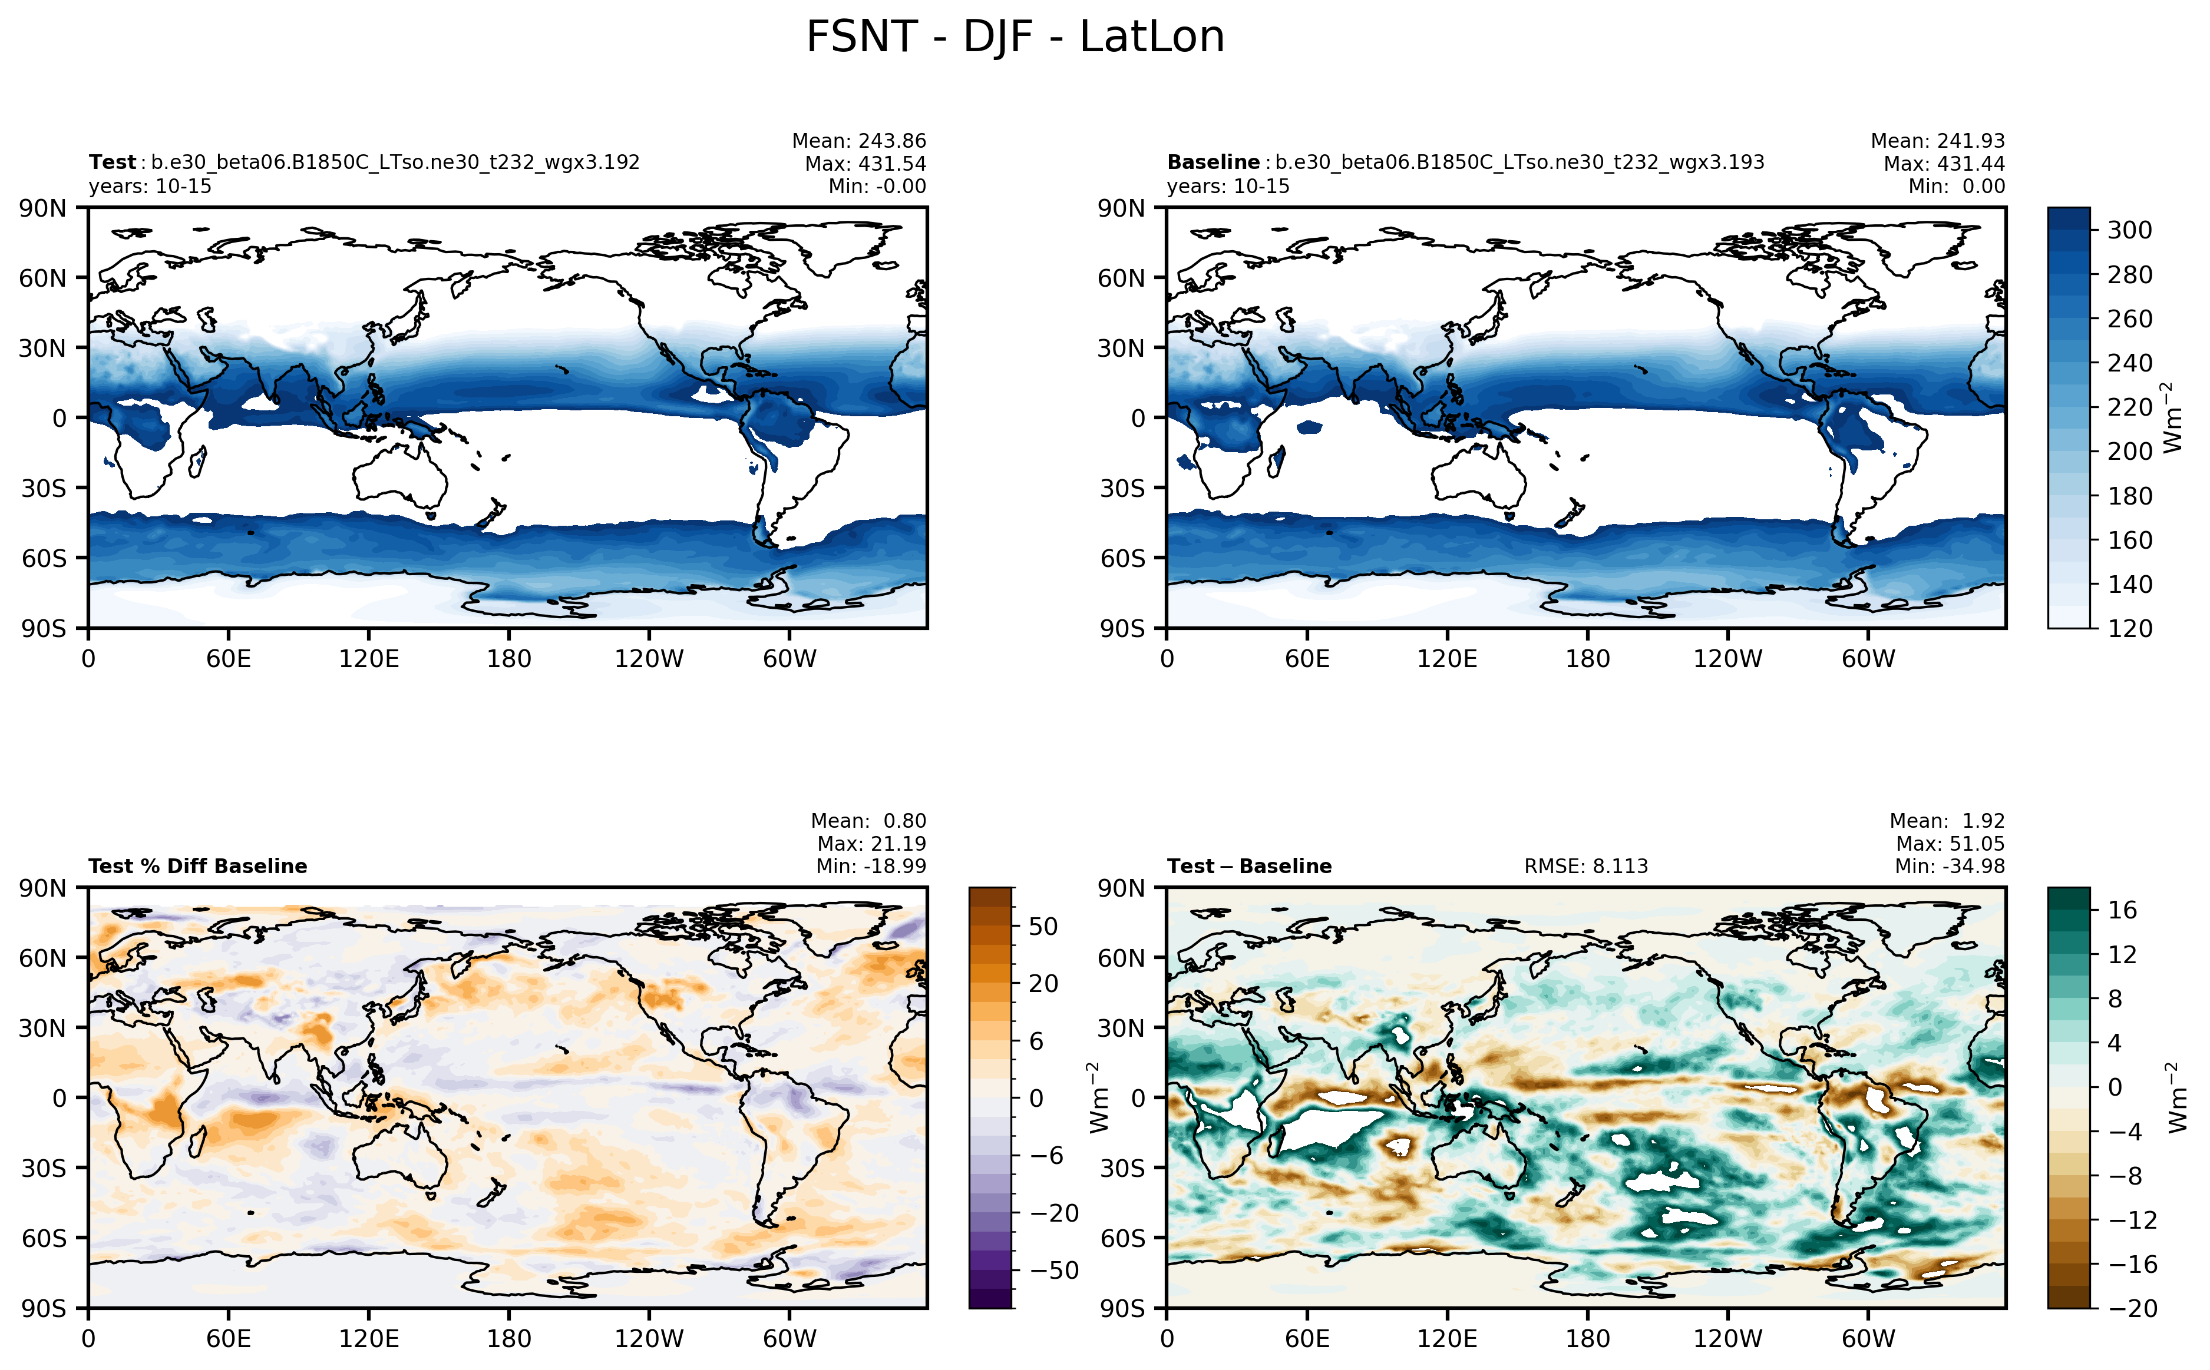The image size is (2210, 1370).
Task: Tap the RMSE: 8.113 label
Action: click(1585, 866)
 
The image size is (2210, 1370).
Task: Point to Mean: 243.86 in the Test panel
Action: click(858, 141)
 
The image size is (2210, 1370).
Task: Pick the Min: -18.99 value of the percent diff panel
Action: click(870, 866)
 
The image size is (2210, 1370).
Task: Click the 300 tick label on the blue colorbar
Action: click(2129, 230)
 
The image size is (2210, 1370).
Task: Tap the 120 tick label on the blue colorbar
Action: click(2129, 629)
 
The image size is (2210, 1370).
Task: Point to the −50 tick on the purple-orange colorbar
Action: click(1053, 1271)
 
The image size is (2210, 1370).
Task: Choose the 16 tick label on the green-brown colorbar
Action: click(2121, 910)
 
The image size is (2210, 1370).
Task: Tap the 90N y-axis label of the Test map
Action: click(42, 208)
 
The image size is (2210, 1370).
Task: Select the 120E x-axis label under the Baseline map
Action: click(1447, 659)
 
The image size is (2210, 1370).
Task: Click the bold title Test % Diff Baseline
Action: click(197, 866)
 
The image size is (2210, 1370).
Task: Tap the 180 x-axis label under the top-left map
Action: click(508, 659)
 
